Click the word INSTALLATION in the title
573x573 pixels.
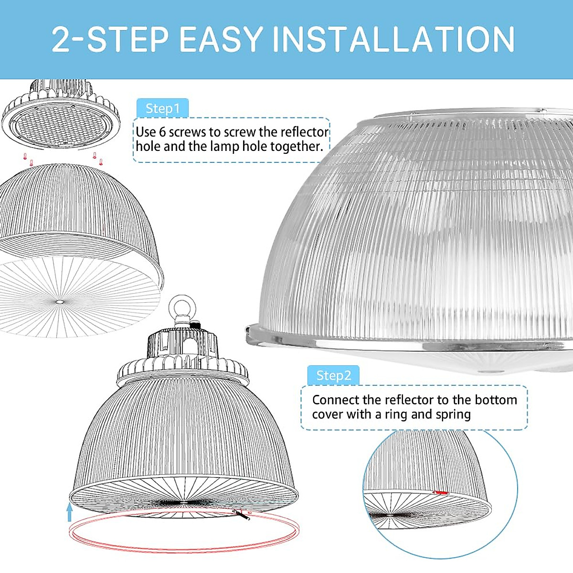[394, 39]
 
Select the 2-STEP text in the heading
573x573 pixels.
[110, 39]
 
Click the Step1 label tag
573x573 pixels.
[162, 108]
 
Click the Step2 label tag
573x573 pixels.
[333, 376]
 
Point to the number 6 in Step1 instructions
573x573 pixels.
[162, 132]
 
